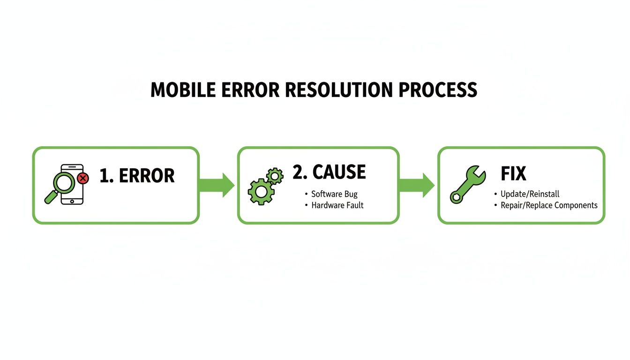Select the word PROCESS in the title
click(x=438, y=90)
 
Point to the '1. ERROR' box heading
click(x=137, y=176)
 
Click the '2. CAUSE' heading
click(x=329, y=172)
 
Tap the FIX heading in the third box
click(x=513, y=174)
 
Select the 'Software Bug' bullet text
click(x=334, y=194)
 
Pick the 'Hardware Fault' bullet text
click(x=337, y=205)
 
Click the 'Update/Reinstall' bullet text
click(x=530, y=194)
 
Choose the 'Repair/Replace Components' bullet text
click(x=549, y=205)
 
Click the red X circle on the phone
click(x=83, y=178)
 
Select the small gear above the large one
click(x=275, y=176)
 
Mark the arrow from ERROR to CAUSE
click(x=217, y=185)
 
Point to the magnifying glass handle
click(x=50, y=197)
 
